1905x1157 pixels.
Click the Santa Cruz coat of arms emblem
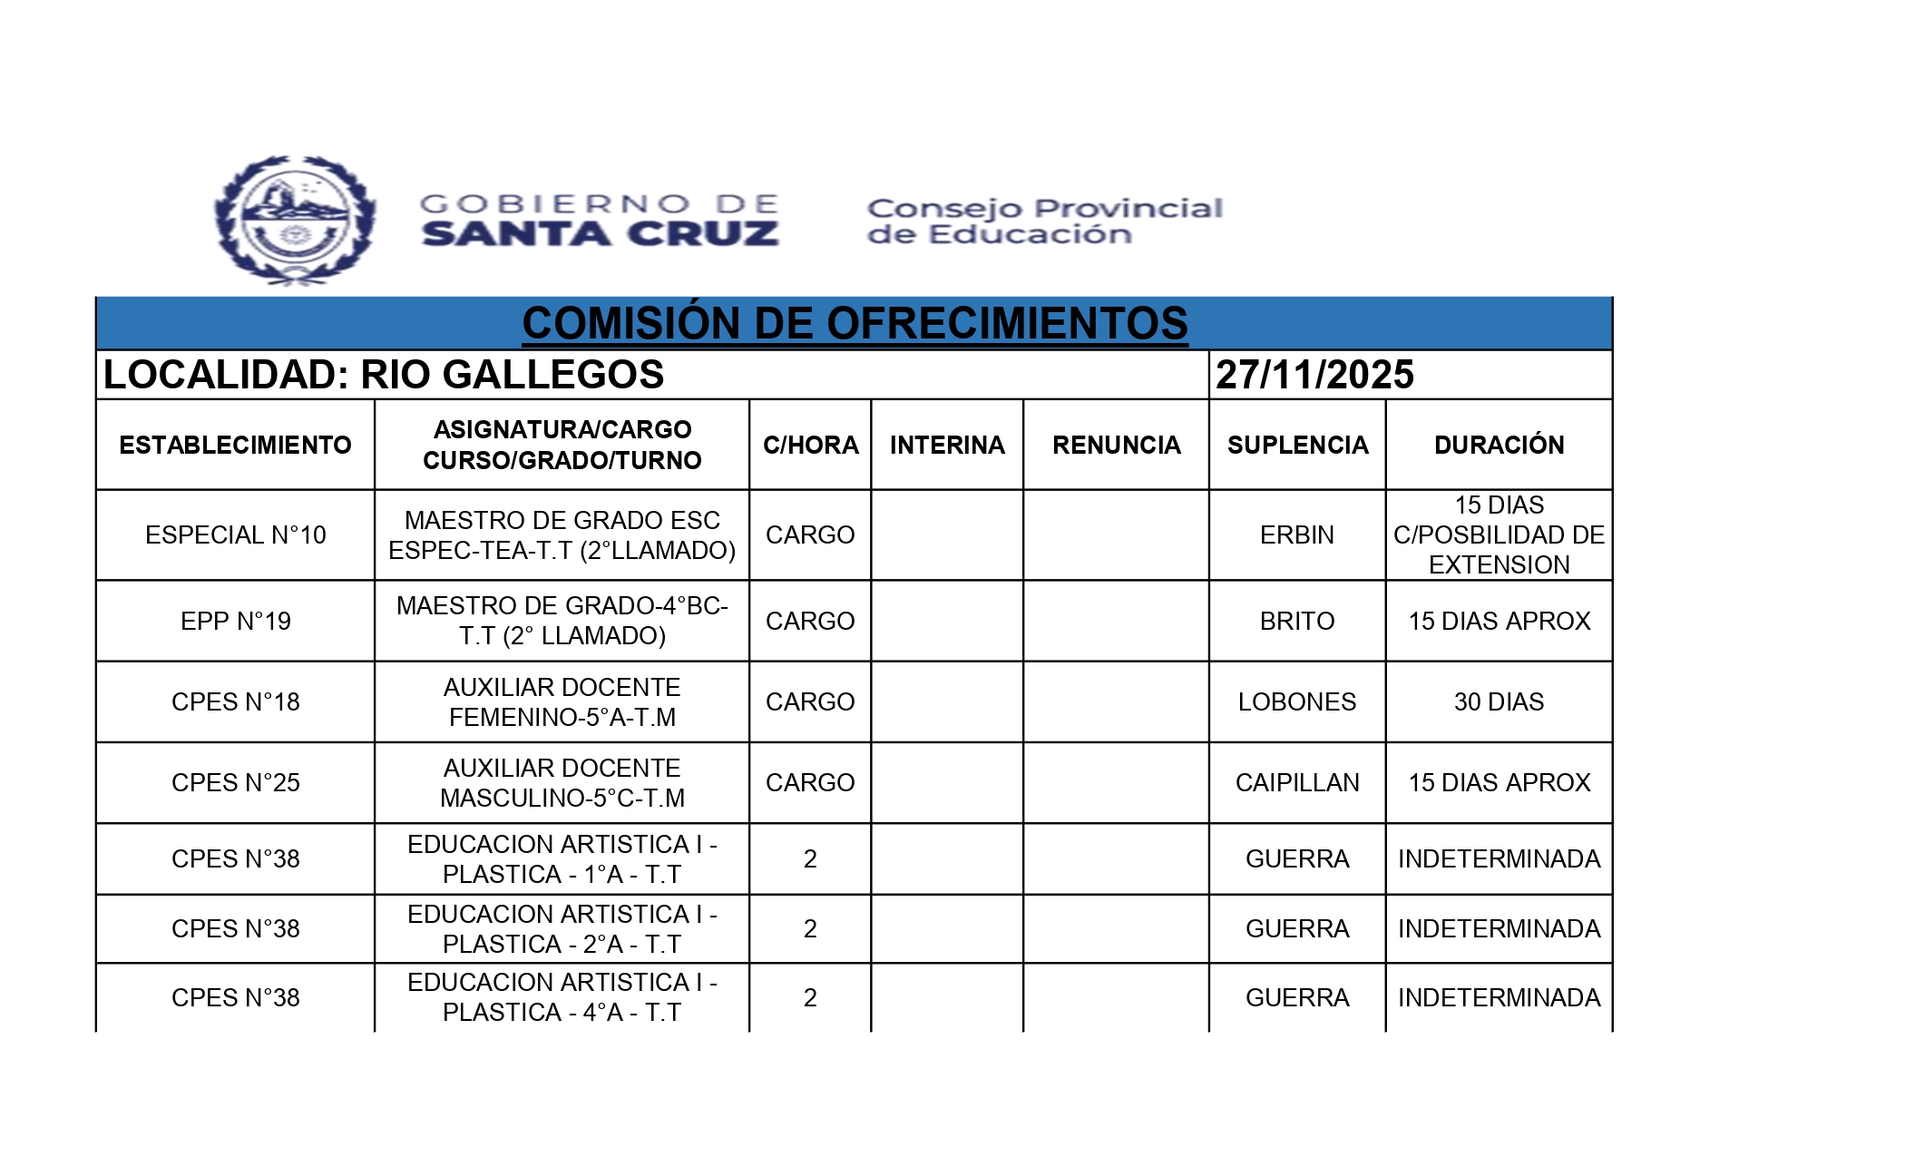pyautogui.click(x=295, y=220)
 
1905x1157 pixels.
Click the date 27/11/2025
pyautogui.click(x=1314, y=375)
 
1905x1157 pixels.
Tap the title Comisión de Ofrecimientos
pyautogui.click(x=855, y=324)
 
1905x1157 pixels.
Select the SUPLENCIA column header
pyautogui.click(x=1297, y=445)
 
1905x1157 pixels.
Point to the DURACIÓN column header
pyautogui.click(x=1499, y=445)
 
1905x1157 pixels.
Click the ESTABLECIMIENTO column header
pyautogui.click(x=235, y=445)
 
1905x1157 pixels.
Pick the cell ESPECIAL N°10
pyautogui.click(x=235, y=535)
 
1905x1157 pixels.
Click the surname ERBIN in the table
pyautogui.click(x=1297, y=535)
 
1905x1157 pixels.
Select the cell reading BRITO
pyautogui.click(x=1297, y=621)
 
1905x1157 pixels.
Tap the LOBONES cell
pyautogui.click(x=1297, y=701)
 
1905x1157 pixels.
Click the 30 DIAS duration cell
pyautogui.click(x=1499, y=701)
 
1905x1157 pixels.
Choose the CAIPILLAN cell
pyautogui.click(x=1297, y=782)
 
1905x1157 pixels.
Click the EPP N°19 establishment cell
pyautogui.click(x=235, y=621)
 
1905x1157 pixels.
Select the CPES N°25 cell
pyautogui.click(x=235, y=782)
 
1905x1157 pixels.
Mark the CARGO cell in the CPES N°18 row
pyautogui.click(x=810, y=701)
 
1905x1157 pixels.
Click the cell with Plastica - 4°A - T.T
pyautogui.click(x=562, y=997)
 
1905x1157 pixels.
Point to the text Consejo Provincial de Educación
pyautogui.click(x=1043, y=221)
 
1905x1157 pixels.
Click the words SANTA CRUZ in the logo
pyautogui.click(x=600, y=234)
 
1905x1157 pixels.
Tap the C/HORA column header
pyautogui.click(x=810, y=445)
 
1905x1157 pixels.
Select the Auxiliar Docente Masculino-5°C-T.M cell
pyautogui.click(x=562, y=782)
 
